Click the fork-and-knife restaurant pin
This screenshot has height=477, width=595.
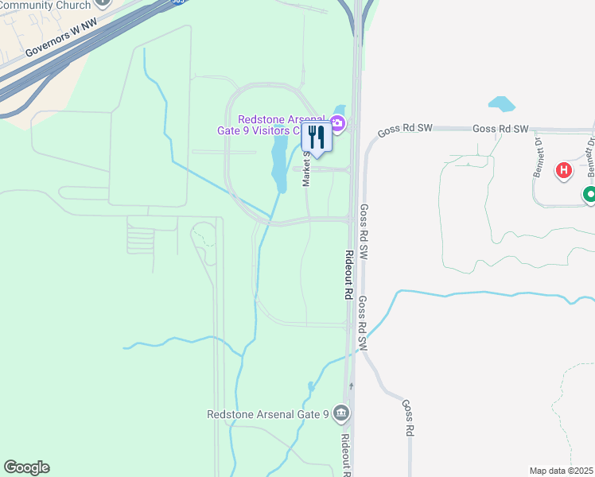click(x=317, y=138)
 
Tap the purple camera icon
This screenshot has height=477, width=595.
click(x=337, y=123)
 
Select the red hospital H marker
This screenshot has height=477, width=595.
click(x=564, y=170)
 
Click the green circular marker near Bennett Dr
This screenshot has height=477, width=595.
click(x=589, y=194)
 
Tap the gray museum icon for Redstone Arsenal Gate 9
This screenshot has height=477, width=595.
click(x=341, y=413)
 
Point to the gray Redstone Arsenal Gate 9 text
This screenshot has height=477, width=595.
click(x=268, y=414)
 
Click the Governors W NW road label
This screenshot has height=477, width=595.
click(x=60, y=37)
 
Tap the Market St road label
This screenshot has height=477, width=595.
click(x=306, y=170)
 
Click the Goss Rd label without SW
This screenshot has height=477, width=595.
click(x=409, y=417)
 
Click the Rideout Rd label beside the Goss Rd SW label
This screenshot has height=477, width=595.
click(x=348, y=274)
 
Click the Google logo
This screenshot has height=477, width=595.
click(x=26, y=467)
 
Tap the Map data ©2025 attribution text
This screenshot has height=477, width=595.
click(x=562, y=471)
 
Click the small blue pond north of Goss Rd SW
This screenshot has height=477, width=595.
click(x=501, y=104)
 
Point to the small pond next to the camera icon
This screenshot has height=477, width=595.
click(x=340, y=111)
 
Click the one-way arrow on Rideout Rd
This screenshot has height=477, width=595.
click(x=350, y=386)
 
